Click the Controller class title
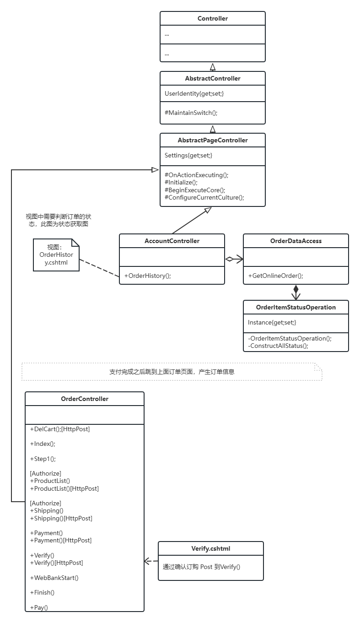[x=213, y=18]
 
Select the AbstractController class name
[x=213, y=78]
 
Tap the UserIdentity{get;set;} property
[x=194, y=93]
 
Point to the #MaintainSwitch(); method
[x=191, y=113]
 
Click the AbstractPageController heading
[x=213, y=140]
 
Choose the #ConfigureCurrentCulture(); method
[x=204, y=197]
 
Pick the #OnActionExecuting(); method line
[x=197, y=175]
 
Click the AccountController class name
[x=172, y=241]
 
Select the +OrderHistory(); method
[x=148, y=276]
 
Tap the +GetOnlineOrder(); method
[x=276, y=276]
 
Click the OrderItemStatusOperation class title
[x=296, y=307]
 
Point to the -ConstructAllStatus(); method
[x=278, y=346]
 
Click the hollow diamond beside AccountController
[x=229, y=259]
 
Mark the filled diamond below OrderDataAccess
[x=296, y=289]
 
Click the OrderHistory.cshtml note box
[x=56, y=255]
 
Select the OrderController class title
[x=85, y=399]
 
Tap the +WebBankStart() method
[x=54, y=578]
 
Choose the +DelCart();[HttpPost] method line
[x=60, y=429]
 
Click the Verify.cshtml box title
[x=211, y=548]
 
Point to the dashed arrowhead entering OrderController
[x=147, y=561]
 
